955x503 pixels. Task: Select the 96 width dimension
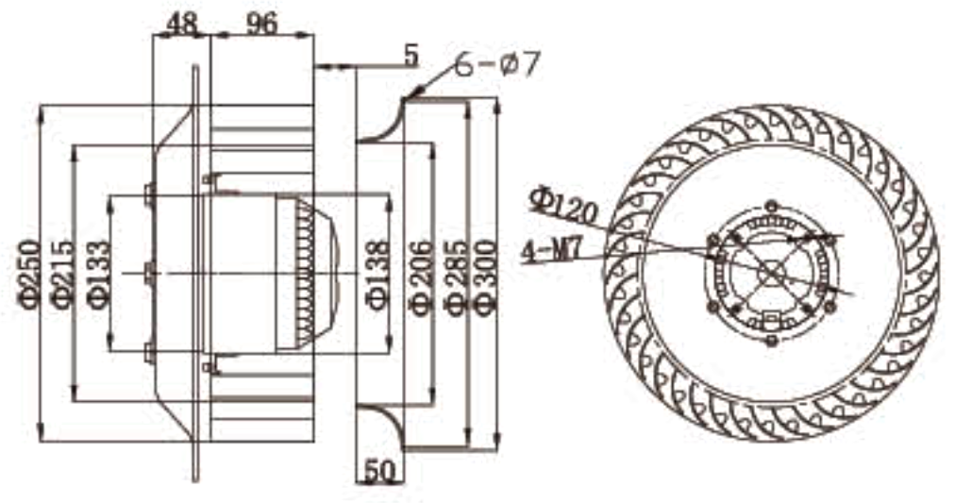[260, 24]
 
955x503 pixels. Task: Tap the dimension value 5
[410, 55]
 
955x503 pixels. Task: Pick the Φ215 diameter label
[62, 274]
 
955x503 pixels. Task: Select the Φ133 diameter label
[98, 274]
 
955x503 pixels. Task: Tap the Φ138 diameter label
[376, 274]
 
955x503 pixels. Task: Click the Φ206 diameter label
[421, 274]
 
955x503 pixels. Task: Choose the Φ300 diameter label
[485, 274]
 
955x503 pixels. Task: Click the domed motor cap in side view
[307, 272]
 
